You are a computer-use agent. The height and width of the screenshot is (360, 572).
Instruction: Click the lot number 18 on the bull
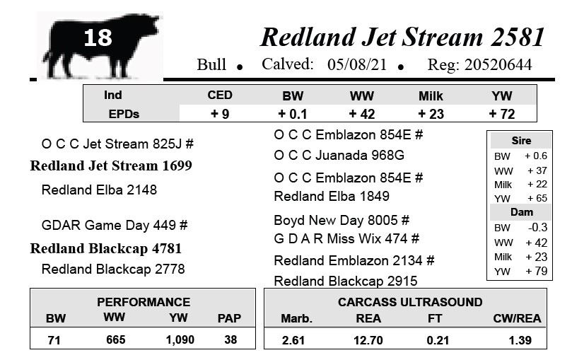[x=98, y=37]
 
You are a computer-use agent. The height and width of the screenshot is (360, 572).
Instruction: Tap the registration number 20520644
[x=498, y=64]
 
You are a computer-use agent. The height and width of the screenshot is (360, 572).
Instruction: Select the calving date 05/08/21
[x=357, y=64]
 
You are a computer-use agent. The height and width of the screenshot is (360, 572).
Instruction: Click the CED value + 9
[x=220, y=114]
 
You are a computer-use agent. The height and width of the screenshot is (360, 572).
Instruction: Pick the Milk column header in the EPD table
[x=431, y=96]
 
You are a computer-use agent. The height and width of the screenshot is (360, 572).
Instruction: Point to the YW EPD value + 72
[x=501, y=114]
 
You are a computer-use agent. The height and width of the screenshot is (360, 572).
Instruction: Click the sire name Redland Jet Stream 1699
[x=111, y=166]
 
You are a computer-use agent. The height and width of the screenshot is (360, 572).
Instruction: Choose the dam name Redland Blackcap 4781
[x=106, y=248]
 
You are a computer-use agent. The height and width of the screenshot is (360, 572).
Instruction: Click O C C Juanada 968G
[x=339, y=156]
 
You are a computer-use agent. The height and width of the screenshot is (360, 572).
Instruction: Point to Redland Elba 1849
[x=332, y=196]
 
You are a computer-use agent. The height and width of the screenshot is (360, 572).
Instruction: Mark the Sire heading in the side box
[x=521, y=141]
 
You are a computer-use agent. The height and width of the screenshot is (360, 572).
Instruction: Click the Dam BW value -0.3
[x=537, y=227]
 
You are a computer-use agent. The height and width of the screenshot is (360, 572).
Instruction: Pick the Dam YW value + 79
[x=536, y=271]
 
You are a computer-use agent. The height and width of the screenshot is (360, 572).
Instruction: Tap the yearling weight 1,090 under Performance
[x=180, y=340]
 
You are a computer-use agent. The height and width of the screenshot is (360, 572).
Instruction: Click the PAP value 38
[x=230, y=340]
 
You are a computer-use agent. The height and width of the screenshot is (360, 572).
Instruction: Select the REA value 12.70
[x=368, y=340]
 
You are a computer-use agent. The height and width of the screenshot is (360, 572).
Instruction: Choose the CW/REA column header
[x=517, y=318]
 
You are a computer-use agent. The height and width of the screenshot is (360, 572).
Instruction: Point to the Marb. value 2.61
[x=293, y=340]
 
